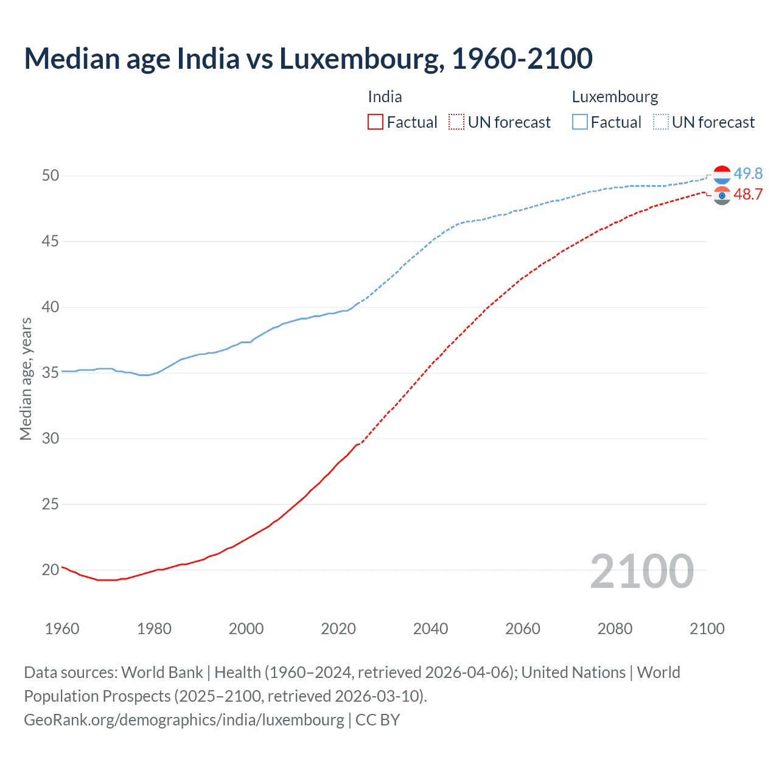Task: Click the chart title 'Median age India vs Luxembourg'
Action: (x=308, y=58)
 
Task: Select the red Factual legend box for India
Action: (x=376, y=122)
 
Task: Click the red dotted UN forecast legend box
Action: (x=456, y=122)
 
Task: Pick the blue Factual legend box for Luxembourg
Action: (x=580, y=122)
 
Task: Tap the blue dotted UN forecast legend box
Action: (x=661, y=122)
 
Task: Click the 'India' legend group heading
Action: (x=385, y=97)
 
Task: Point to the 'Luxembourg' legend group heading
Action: (x=615, y=97)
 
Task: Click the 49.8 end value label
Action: (x=748, y=174)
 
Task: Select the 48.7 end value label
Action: (x=748, y=194)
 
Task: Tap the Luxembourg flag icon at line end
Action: (x=722, y=175)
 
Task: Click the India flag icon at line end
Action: (x=722, y=195)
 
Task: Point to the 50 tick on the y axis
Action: (x=51, y=176)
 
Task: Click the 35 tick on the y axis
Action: (x=51, y=372)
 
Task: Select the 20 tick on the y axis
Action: (x=51, y=570)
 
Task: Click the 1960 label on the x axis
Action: (x=62, y=629)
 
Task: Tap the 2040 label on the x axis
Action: (x=430, y=629)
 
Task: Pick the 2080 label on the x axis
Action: (x=615, y=629)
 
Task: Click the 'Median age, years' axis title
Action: (x=26, y=379)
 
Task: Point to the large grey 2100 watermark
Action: (x=641, y=571)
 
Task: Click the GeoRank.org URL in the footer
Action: (x=184, y=719)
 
